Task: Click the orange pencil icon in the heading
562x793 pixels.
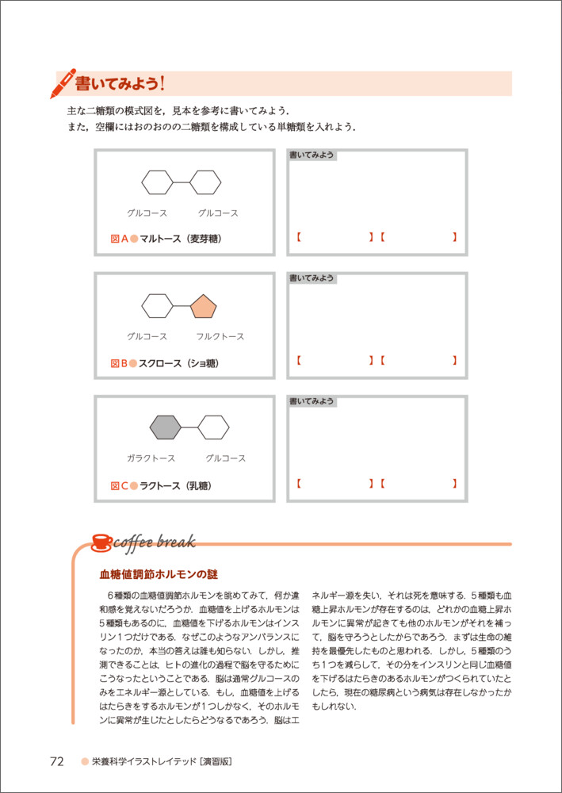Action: coord(63,82)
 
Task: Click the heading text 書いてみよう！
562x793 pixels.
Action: coord(119,82)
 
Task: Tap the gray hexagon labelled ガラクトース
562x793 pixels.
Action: coord(166,427)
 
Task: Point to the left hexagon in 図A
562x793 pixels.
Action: coord(157,182)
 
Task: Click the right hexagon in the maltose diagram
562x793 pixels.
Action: coord(205,182)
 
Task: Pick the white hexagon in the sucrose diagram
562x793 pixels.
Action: coord(157,305)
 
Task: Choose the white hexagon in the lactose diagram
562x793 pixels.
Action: coord(213,427)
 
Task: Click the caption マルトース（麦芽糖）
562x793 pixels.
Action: coord(179,239)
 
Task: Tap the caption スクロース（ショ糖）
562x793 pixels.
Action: coord(178,363)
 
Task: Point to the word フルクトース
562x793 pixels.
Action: coord(220,336)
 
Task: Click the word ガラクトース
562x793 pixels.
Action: coord(151,458)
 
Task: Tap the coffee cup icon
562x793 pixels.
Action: coord(101,542)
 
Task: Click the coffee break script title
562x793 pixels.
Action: coord(155,542)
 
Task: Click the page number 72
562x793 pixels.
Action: coord(57,761)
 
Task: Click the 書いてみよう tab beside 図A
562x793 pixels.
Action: coord(312,155)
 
